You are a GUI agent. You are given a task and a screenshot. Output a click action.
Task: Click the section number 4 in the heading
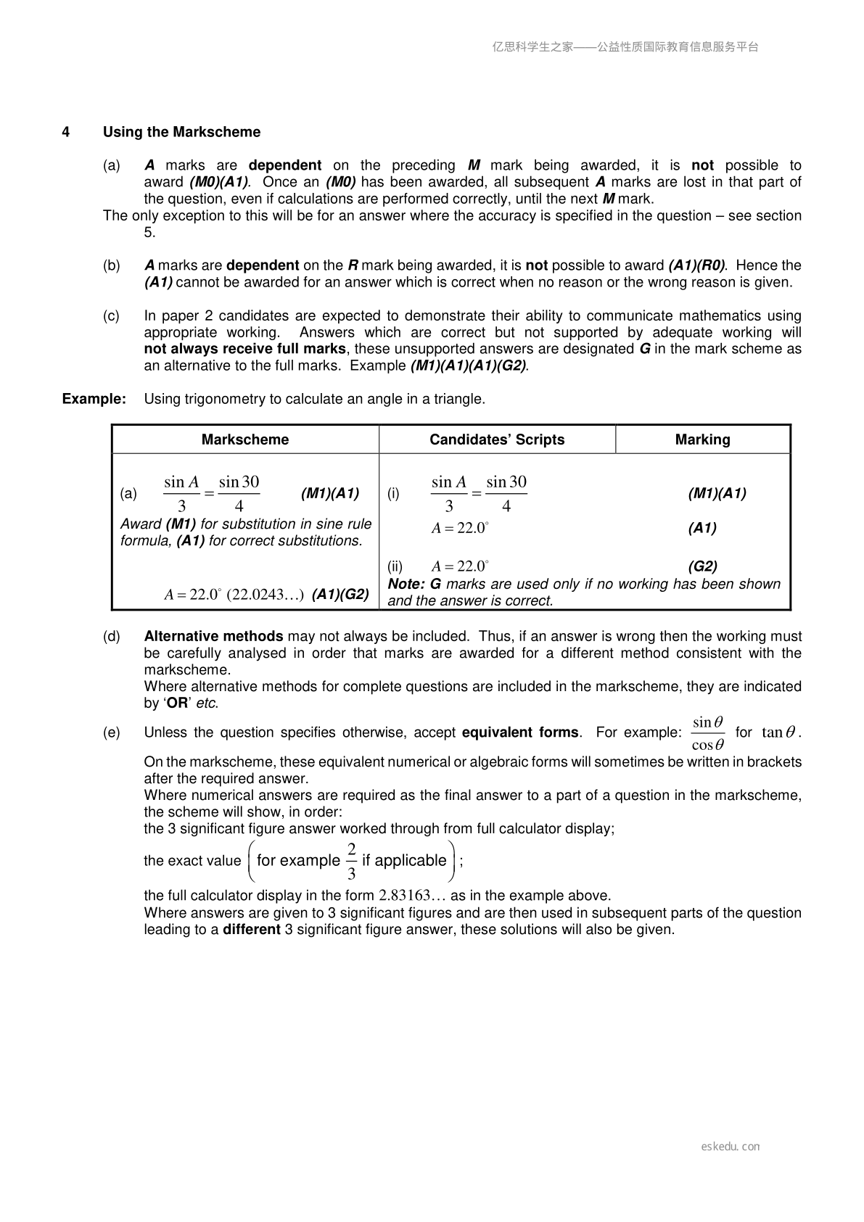66,132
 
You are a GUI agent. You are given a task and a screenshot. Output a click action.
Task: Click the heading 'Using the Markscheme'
181,132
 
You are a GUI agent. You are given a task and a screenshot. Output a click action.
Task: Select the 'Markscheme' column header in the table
245,439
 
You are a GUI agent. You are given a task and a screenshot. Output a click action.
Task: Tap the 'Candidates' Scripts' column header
497,439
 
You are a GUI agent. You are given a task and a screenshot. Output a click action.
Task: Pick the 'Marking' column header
702,439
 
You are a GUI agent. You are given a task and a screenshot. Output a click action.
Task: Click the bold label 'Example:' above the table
94,399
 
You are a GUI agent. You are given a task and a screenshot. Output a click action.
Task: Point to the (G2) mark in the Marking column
702,566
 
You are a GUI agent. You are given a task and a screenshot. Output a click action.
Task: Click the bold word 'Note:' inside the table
406,584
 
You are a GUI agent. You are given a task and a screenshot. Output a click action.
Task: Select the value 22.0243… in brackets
266,595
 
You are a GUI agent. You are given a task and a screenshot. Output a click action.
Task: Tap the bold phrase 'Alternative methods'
213,636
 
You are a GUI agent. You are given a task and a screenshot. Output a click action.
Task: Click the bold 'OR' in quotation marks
177,703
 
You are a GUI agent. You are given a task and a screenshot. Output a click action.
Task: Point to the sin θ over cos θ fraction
707,733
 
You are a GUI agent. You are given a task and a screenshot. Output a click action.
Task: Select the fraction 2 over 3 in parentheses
352,861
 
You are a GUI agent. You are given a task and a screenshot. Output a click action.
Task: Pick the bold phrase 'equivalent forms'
520,732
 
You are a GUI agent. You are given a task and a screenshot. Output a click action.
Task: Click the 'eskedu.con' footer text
731,1147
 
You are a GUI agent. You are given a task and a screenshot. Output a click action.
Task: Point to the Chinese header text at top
625,47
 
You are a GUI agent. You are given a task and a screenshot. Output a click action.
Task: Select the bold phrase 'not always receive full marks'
244,349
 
